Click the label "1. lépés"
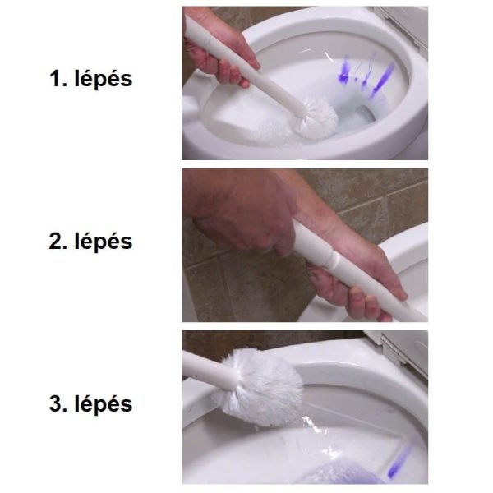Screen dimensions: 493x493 tap(91, 79)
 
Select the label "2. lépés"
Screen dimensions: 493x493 tap(91, 241)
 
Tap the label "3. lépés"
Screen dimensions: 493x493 tap(91, 403)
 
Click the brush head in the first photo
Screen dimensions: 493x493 tap(316, 118)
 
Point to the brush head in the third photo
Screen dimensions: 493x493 tap(259, 387)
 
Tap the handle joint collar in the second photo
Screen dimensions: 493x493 tap(332, 259)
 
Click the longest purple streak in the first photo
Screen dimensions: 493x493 tap(382, 79)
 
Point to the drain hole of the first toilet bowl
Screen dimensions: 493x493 tap(365, 114)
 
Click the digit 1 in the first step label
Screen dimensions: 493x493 tap(55, 79)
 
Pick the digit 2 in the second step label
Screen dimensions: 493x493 tap(55, 241)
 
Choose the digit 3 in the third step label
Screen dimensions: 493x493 tap(55, 403)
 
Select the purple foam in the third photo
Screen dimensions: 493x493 tap(343, 473)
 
